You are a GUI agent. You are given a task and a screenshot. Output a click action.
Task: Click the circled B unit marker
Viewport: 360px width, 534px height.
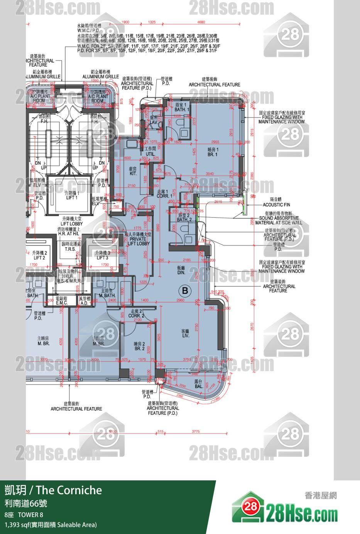[185, 290]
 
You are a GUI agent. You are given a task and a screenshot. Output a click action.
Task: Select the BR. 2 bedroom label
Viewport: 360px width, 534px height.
[139, 346]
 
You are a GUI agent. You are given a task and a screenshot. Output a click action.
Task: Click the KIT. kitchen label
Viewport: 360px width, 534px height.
[134, 171]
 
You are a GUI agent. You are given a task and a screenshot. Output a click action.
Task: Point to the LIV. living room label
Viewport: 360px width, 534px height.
[185, 333]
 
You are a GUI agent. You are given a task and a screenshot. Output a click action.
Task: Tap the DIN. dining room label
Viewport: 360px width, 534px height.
[181, 270]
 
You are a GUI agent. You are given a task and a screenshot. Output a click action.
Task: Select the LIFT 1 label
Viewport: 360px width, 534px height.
[72, 195]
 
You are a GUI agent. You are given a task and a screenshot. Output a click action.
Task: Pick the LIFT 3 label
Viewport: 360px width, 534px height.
[102, 255]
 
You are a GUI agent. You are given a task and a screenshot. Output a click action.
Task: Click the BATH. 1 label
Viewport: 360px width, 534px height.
[182, 107]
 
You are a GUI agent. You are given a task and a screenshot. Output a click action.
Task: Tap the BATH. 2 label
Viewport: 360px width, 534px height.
[184, 217]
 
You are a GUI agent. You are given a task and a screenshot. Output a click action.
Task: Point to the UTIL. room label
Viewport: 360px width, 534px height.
[150, 151]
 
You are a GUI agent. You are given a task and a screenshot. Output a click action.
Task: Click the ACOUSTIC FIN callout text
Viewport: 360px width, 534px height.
[276, 204]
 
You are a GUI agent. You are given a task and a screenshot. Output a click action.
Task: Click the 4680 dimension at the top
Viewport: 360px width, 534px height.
[201, 22]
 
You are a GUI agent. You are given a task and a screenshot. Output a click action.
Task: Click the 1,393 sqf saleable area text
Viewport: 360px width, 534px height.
[51, 524]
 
